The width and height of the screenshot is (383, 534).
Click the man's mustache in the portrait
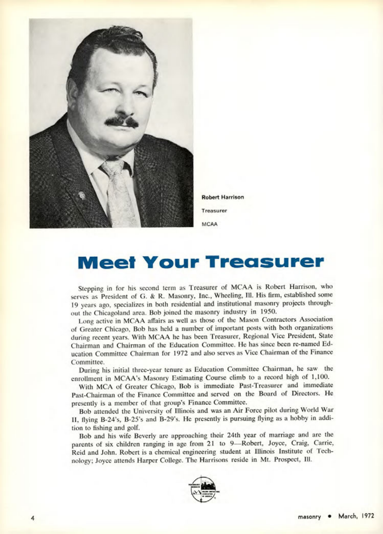coord(122,121)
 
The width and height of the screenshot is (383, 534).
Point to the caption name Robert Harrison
coord(222,197)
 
